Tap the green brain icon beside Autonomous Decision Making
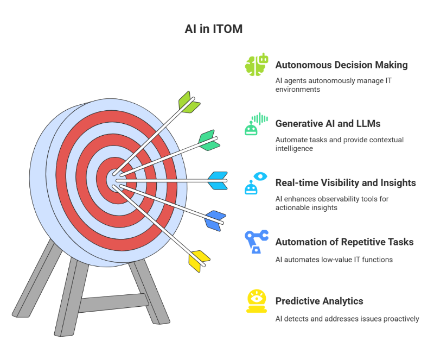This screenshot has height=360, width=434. coord(256,65)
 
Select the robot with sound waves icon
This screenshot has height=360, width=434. coord(256,124)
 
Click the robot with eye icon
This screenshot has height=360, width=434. coord(256,183)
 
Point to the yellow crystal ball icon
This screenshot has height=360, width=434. coord(256,301)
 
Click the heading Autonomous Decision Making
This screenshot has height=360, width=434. coord(341,65)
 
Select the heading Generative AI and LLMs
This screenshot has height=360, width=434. coord(328,124)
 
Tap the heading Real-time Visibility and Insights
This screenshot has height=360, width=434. coord(346,183)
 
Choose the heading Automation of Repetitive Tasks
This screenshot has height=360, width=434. coord(344,242)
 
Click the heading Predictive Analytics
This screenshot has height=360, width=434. coord(319,301)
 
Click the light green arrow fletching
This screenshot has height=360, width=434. coord(189,102)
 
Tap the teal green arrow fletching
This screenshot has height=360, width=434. coord(208,140)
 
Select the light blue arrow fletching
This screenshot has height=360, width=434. coord(218,180)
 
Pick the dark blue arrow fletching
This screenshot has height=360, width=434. coord(215,220)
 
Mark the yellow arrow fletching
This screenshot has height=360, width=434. coord(199,260)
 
